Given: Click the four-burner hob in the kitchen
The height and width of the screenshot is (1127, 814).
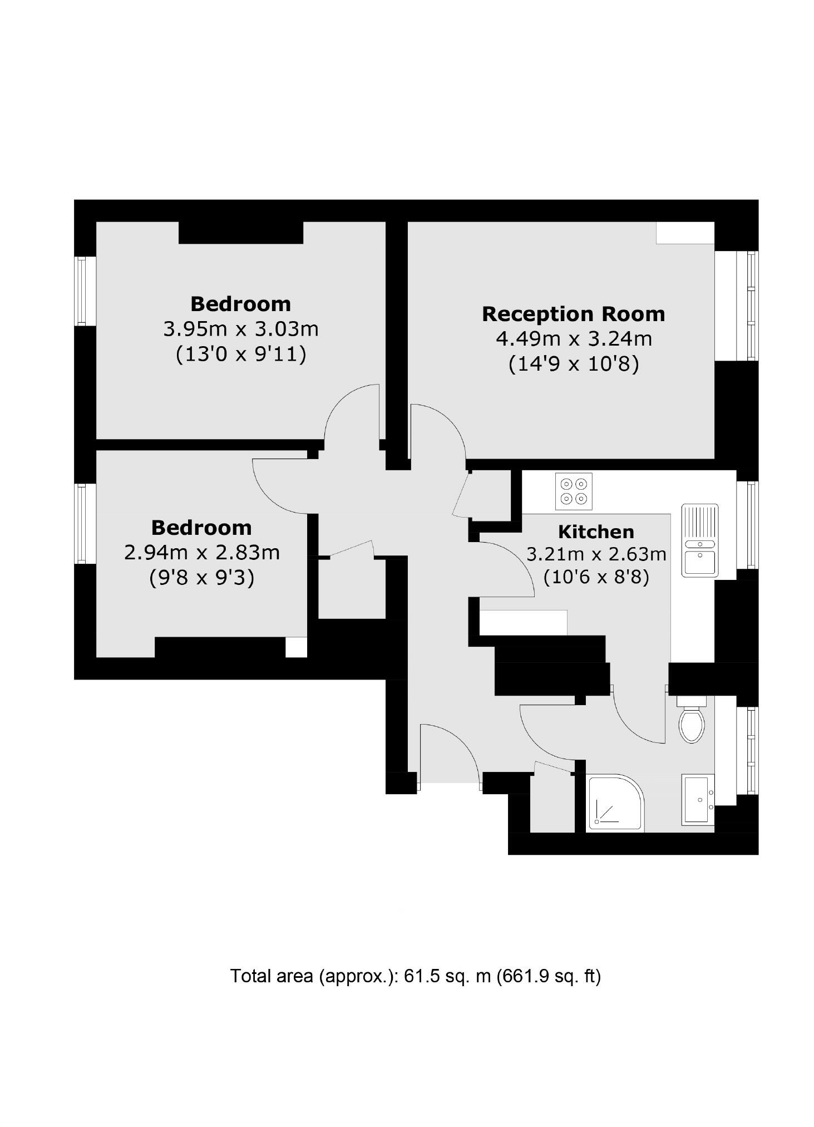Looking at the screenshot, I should coord(573,491).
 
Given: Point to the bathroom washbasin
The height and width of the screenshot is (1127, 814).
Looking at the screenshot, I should coord(698,800).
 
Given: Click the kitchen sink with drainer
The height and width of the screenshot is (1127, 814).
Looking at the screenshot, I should coord(699,540).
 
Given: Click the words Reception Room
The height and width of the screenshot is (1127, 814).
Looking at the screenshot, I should coord(573,314).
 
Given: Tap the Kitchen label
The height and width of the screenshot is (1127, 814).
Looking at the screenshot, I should coord(596,532).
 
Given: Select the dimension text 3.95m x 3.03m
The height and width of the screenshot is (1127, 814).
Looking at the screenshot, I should coord(240,329).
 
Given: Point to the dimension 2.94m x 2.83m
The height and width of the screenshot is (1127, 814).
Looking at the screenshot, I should coord(201,553).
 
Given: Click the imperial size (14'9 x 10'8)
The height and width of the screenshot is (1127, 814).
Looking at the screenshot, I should coord(573,364).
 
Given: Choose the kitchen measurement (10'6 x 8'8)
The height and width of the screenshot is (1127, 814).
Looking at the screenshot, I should coord(596,577).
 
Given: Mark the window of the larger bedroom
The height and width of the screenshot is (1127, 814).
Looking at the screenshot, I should coord(82,291).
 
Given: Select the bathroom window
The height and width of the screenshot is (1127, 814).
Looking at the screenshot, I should coord(747,750).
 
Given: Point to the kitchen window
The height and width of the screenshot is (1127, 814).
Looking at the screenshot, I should coord(747,525).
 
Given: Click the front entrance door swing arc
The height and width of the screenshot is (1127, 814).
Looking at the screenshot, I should coord(451,751).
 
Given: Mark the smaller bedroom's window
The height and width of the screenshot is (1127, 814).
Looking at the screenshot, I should coord(82,524).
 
